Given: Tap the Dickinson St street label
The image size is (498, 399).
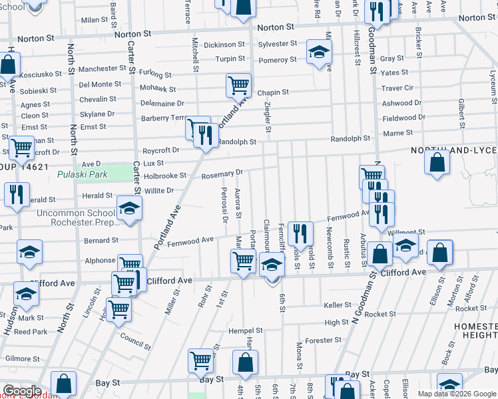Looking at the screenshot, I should coord(224,45).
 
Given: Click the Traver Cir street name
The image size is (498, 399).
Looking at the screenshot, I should coord(397,88).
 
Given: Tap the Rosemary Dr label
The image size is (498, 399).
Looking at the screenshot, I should coord(222,174).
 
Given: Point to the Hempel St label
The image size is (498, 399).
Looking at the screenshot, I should coord(246,330).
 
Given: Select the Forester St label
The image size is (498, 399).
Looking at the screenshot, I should coord(324,340).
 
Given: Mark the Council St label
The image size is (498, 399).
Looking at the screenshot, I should coord(135,338).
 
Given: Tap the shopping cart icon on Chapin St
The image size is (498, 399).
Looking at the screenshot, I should coord(238,85).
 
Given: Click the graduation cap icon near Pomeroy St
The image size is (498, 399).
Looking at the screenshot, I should coord(319,52).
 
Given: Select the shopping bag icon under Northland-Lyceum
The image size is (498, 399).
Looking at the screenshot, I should coord(436,164).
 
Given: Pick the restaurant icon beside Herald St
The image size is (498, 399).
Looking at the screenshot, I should coord(15,195).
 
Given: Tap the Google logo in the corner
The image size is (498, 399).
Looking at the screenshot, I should coord(22,391).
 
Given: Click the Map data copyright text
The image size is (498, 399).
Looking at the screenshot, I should coord(457,394).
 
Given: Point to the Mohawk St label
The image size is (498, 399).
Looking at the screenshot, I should coord(158,88).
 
